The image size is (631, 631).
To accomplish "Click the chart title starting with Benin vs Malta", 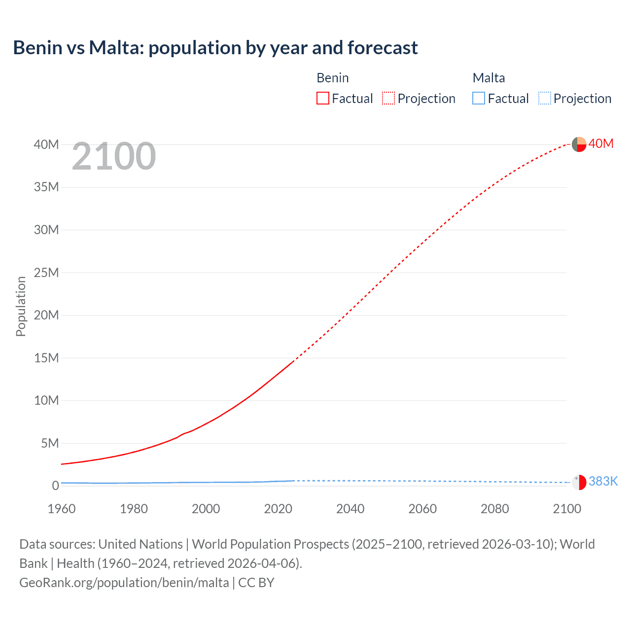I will click(215, 48).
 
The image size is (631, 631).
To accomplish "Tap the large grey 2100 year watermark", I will click(114, 156).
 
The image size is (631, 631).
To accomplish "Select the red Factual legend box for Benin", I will click(322, 99).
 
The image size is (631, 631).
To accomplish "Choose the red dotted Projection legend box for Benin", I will click(388, 99).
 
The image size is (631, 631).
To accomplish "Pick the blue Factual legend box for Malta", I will click(478, 99).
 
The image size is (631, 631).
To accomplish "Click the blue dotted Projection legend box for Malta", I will click(544, 99).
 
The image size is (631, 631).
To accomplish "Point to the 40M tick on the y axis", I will click(46, 144).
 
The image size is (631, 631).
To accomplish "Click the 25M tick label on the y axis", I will click(46, 273).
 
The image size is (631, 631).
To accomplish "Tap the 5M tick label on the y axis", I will click(49, 443).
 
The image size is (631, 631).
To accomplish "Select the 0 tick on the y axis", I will click(55, 486).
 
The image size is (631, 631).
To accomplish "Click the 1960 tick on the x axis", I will click(62, 509).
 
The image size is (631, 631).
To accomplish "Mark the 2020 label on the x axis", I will click(278, 509).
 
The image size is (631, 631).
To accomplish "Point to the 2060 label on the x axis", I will click(422, 509).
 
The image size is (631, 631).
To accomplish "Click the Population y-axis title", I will click(21, 306).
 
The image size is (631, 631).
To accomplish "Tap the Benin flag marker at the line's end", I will click(579, 144).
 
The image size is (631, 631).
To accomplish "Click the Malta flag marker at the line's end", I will click(579, 482).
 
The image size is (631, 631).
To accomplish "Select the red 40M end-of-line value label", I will click(601, 143).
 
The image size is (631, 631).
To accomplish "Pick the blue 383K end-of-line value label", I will click(603, 481).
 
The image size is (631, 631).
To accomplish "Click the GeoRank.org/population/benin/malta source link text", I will click(124, 582).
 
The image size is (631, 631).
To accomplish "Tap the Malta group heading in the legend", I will click(489, 78).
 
